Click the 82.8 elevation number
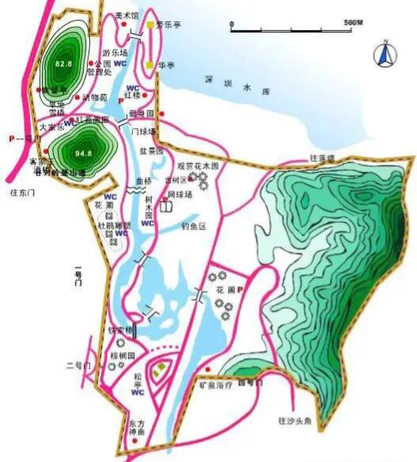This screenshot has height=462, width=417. tap(64, 62)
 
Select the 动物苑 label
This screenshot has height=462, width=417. tap(93, 98)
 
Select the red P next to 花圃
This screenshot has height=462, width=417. tap(240, 291)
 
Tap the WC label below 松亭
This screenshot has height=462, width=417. tap(137, 392)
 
